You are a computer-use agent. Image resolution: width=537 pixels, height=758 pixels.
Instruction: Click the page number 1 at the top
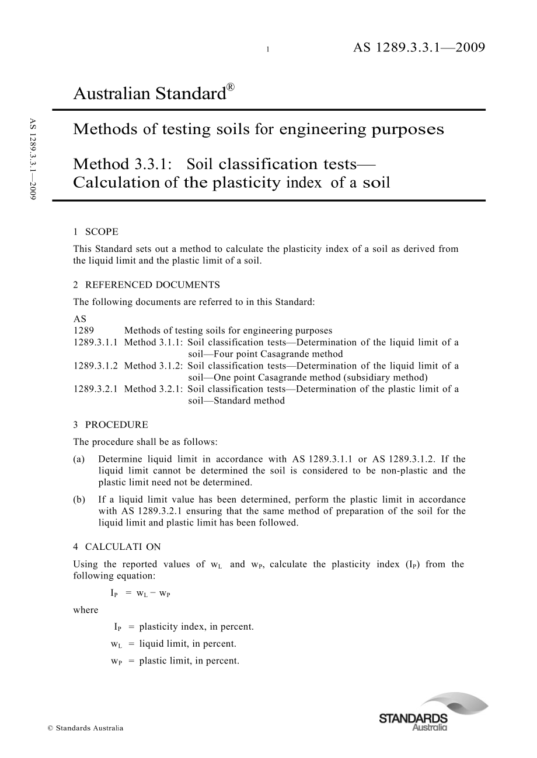[267, 50]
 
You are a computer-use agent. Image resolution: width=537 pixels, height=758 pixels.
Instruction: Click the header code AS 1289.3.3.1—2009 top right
[419, 48]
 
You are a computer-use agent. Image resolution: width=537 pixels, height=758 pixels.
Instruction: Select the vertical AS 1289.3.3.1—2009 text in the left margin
[33, 160]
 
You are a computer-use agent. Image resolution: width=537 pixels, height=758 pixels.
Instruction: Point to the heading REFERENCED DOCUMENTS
[152, 285]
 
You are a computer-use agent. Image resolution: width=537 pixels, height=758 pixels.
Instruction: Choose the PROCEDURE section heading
[116, 424]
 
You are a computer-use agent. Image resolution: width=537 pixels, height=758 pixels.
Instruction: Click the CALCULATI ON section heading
[123, 547]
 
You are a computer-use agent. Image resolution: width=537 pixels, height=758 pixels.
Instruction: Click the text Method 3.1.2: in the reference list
[154, 366]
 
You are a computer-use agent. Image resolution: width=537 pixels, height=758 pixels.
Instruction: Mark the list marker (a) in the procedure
[79, 459]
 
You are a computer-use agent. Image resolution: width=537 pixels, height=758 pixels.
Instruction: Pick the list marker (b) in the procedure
[79, 500]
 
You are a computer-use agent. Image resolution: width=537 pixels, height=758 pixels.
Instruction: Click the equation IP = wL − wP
[140, 593]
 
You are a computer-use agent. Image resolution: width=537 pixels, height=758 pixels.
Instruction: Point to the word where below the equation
[86, 610]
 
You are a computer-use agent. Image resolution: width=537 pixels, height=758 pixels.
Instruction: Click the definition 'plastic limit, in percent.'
[189, 661]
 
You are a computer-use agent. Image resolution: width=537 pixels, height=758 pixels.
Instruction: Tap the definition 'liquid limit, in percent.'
[187, 644]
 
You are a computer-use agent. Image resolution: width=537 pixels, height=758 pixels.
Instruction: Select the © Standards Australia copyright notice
[85, 728]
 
